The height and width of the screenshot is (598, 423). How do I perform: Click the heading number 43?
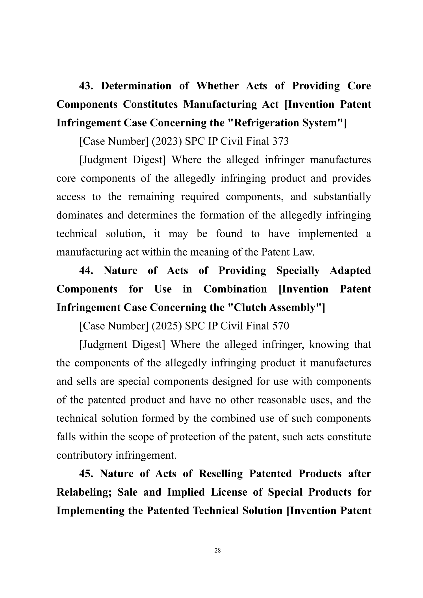click(86, 86)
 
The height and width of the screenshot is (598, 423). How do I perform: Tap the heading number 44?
click(86, 271)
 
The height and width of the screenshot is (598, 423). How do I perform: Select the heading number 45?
click(86, 474)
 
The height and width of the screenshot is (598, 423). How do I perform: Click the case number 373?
click(280, 141)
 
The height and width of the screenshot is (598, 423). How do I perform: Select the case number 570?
click(280, 326)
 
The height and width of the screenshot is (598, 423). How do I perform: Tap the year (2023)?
click(167, 141)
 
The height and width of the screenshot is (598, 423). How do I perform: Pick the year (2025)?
click(167, 326)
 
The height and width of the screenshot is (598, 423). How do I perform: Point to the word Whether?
click(217, 86)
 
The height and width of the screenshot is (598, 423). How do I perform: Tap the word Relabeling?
click(84, 492)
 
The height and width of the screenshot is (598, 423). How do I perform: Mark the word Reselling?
click(221, 474)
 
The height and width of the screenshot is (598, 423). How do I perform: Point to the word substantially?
click(342, 197)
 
